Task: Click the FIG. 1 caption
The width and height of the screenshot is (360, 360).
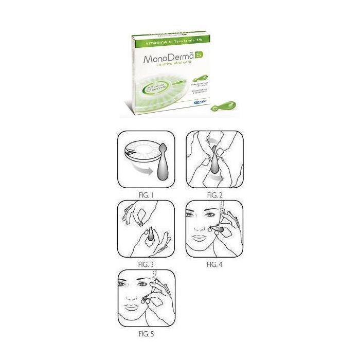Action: (x=146, y=195)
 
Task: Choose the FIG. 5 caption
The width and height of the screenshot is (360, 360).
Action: (x=146, y=334)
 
